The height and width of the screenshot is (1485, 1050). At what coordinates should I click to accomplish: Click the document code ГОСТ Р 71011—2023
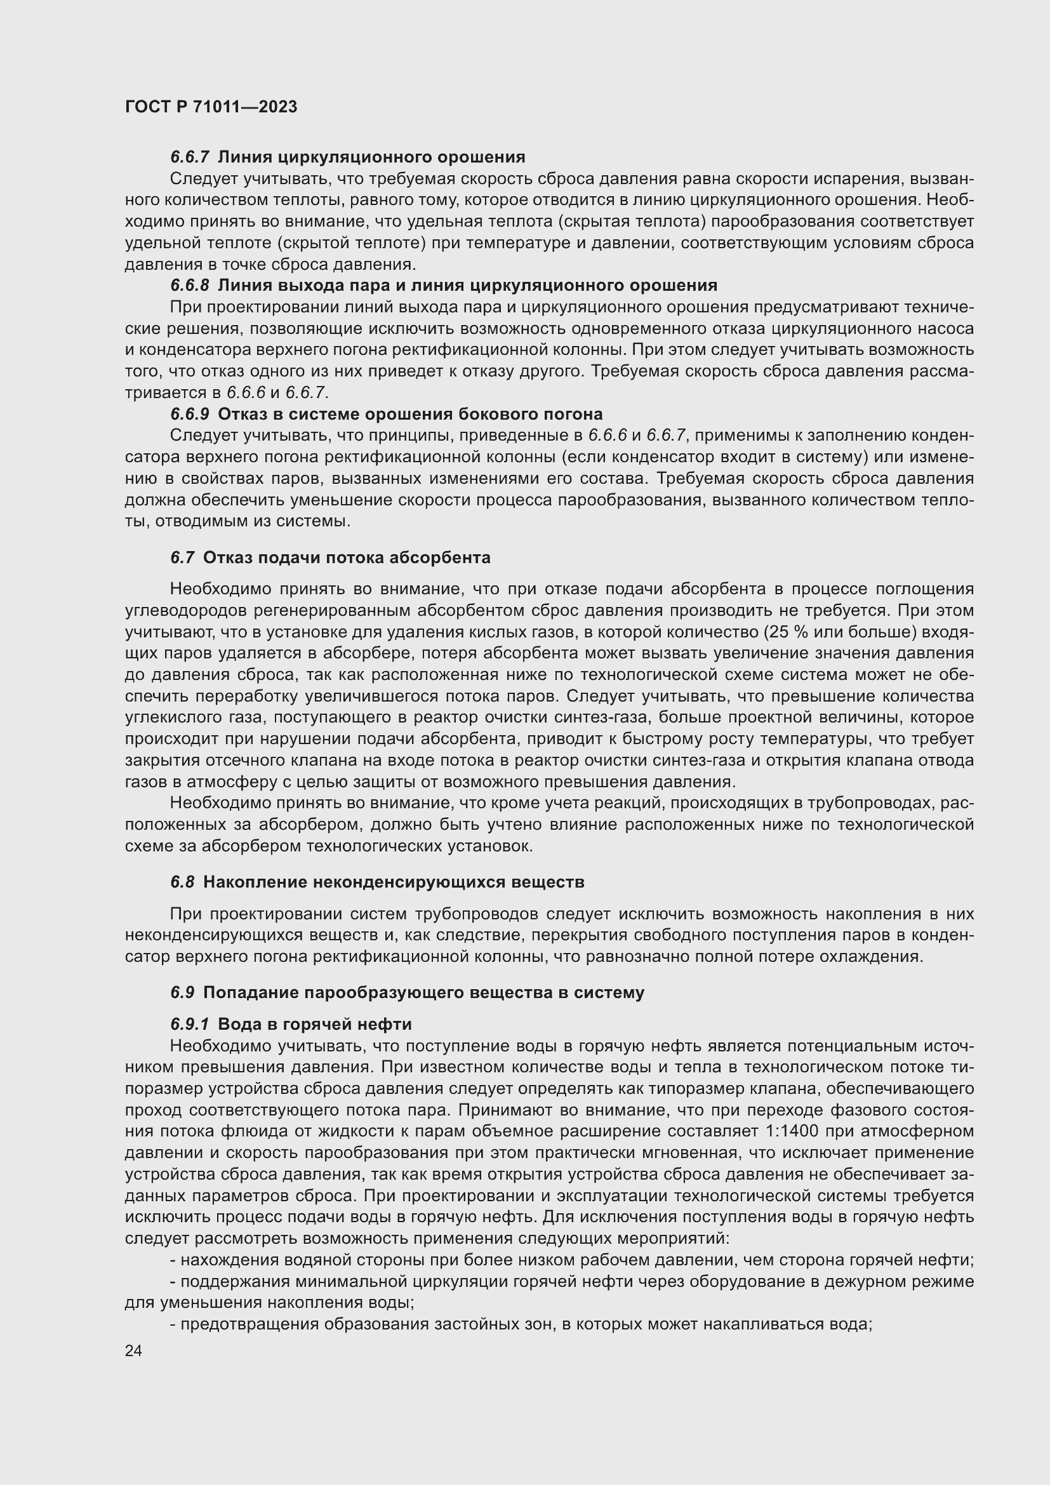coord(211,107)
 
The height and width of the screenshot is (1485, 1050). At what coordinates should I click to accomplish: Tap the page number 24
coord(133,1350)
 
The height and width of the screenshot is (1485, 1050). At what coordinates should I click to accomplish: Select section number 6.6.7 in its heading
coord(190,157)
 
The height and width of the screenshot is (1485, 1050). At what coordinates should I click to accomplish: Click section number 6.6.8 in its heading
coord(190,285)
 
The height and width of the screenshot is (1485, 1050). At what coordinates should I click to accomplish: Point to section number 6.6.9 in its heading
coord(190,414)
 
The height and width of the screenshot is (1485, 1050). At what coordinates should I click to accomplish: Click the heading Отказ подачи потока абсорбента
coord(347,557)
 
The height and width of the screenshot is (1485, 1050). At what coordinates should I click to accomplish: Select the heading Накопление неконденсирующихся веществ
coord(393,882)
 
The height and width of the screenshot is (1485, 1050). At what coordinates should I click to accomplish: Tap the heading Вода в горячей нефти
coord(315,1025)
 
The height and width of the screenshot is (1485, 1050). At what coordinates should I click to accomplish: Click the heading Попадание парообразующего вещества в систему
coord(423,993)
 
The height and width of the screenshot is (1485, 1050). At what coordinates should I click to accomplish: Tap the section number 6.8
coord(182,882)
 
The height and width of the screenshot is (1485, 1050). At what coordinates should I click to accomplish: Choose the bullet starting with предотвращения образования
coord(521,1324)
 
